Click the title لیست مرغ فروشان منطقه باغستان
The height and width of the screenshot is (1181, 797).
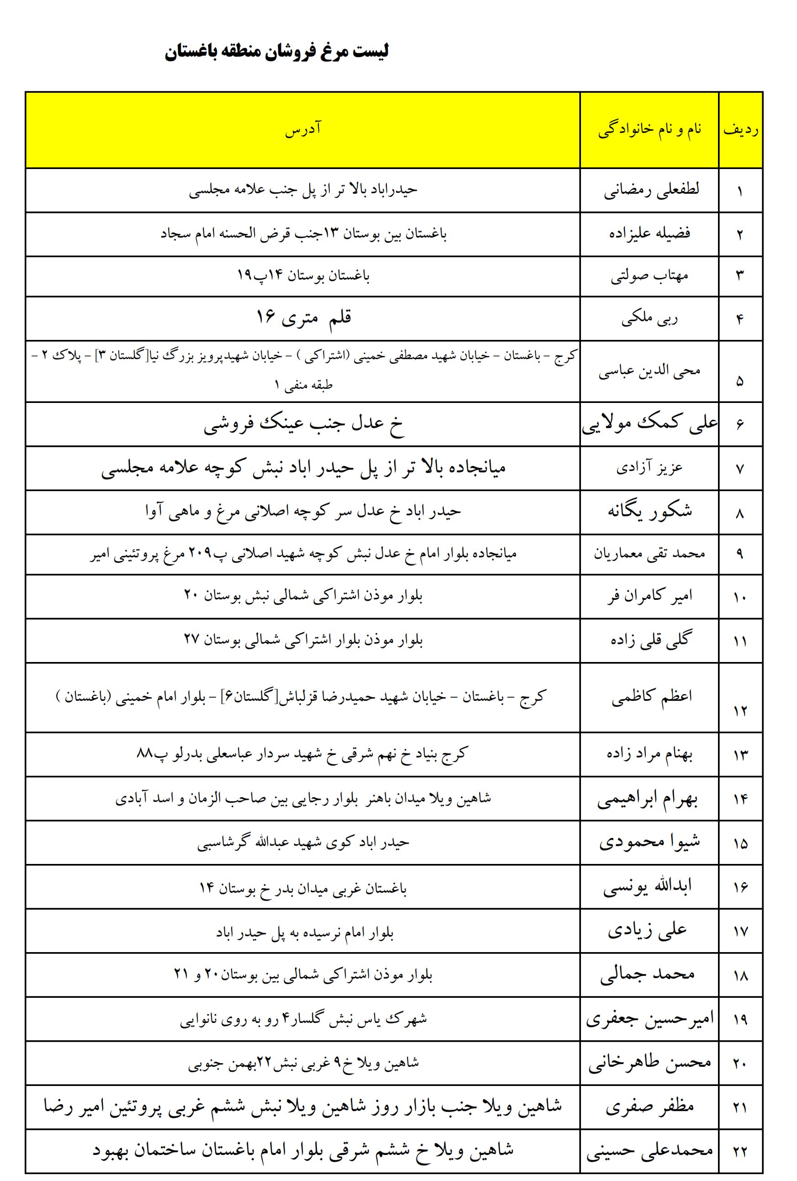pyautogui.click(x=276, y=52)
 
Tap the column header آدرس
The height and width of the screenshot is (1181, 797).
pyautogui.click(x=303, y=129)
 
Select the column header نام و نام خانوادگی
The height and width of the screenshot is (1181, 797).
pyautogui.click(x=649, y=129)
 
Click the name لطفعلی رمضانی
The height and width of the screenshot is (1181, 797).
pyautogui.click(x=651, y=190)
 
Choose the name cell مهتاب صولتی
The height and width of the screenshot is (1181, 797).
pyautogui.click(x=649, y=276)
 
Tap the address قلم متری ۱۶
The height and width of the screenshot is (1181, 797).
pyautogui.click(x=303, y=318)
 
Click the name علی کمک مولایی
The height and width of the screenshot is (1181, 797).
pyautogui.click(x=649, y=424)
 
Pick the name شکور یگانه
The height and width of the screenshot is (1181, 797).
pyautogui.click(x=649, y=511)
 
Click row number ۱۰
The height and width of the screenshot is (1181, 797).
pyautogui.click(x=739, y=598)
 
